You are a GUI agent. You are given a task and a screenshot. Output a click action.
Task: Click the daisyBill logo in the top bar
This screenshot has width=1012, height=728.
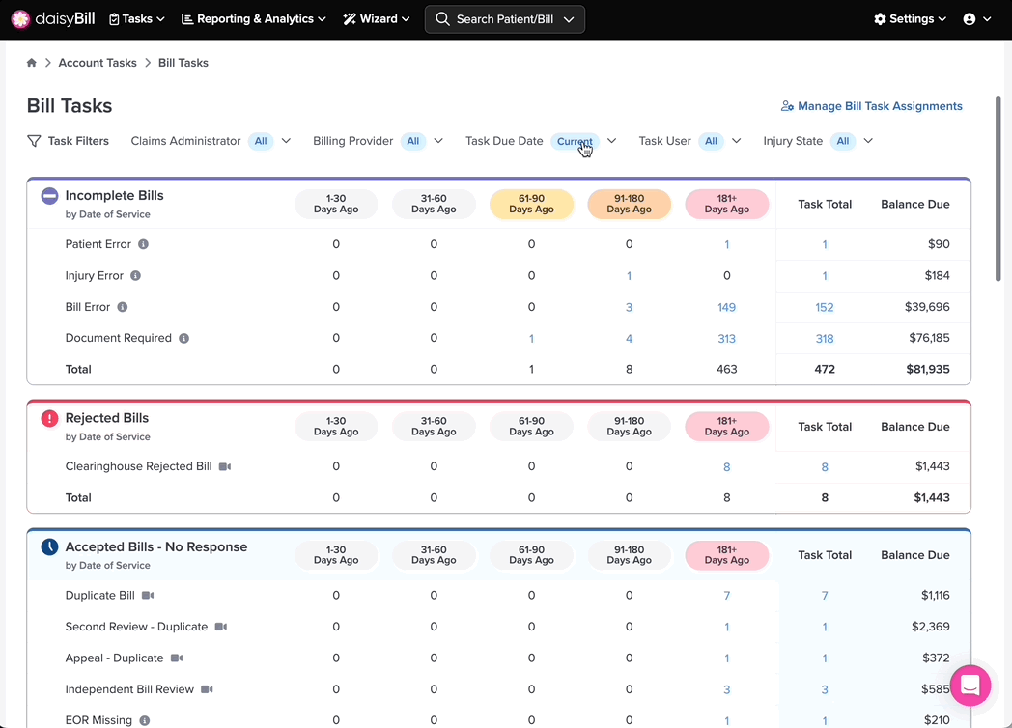pos(53,18)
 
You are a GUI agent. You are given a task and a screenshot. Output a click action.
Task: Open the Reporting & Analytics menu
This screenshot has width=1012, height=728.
pos(254,18)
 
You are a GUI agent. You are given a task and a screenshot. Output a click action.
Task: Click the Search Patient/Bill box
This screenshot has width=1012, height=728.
pos(505,19)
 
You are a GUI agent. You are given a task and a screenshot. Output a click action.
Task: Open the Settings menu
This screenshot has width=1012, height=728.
pos(910,18)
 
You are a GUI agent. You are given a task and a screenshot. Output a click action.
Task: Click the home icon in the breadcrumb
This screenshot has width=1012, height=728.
pos(32,63)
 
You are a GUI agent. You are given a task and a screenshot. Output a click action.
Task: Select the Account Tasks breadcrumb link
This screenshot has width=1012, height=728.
pos(98,63)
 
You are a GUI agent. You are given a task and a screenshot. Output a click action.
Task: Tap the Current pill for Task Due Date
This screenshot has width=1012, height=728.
pos(575,141)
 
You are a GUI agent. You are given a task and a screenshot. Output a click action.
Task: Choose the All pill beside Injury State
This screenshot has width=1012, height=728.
pos(843,141)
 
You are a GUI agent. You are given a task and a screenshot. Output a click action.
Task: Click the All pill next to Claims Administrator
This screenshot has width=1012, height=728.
pos(261,141)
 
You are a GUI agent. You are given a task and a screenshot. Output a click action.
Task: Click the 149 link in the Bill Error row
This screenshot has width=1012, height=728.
pos(727,307)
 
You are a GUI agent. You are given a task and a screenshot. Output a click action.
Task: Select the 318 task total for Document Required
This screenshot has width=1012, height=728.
pos(825,338)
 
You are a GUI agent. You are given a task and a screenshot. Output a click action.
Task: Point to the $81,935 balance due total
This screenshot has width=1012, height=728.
pos(927,369)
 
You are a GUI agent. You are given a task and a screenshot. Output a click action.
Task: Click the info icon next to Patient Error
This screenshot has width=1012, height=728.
pos(143,244)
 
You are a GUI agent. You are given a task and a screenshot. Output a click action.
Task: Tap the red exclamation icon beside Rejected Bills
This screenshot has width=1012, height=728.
pos(49,418)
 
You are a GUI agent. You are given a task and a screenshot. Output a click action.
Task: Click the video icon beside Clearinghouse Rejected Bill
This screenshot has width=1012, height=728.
pos(225,466)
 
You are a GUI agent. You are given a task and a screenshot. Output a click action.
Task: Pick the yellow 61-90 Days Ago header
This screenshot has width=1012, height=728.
pos(531,204)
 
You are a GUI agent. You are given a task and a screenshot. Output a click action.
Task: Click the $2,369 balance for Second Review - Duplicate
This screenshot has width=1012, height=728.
pos(930,626)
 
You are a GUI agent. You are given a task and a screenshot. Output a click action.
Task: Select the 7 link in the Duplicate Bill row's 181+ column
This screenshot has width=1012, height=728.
pos(727,595)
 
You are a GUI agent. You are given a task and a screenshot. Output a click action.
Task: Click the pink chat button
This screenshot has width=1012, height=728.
pos(970,686)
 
